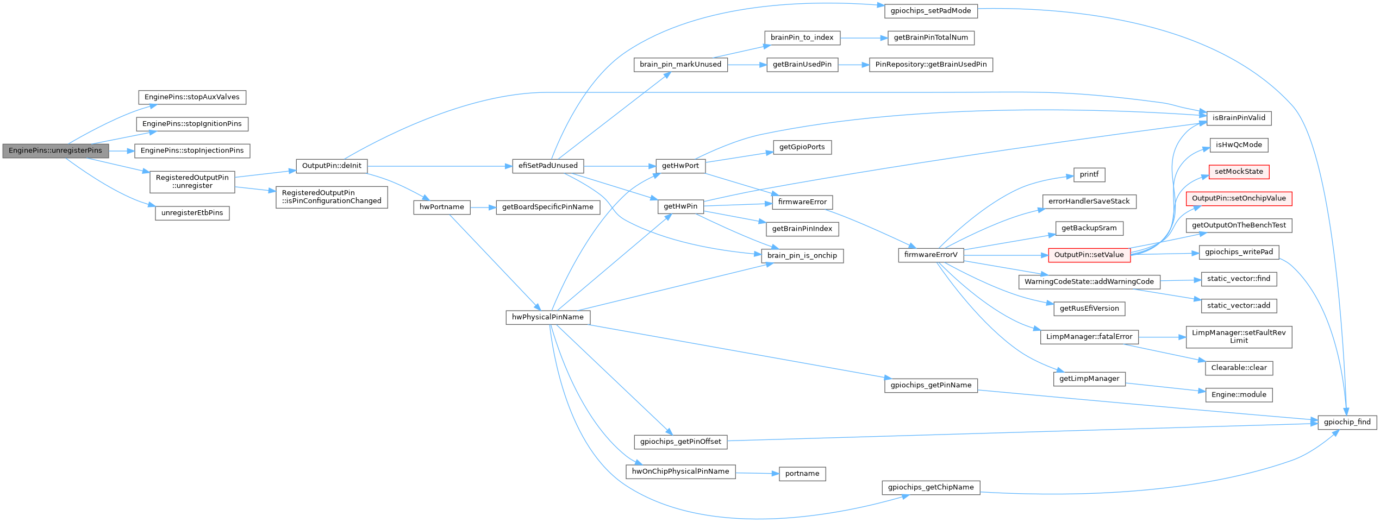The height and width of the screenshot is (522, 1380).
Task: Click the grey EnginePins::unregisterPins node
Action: (x=55, y=150)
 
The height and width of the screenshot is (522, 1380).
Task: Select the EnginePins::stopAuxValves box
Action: (x=192, y=97)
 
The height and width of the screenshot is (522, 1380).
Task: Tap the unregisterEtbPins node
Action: (x=192, y=213)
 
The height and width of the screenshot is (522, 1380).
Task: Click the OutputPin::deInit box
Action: (x=332, y=166)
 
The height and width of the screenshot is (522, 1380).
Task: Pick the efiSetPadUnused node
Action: (x=548, y=166)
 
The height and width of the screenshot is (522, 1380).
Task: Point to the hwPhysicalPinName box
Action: (x=547, y=317)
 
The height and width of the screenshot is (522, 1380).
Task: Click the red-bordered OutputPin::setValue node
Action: (x=1089, y=255)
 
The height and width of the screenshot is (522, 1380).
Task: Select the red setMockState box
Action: (x=1239, y=172)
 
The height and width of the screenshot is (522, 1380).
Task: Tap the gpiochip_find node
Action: (x=1347, y=422)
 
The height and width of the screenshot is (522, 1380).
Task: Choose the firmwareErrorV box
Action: (x=931, y=255)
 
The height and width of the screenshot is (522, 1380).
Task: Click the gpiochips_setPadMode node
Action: (x=931, y=11)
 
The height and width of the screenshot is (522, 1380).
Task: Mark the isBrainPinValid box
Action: (x=1239, y=118)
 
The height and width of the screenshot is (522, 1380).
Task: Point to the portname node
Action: (x=802, y=474)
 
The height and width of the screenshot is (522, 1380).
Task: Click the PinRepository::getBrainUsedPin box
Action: (x=931, y=65)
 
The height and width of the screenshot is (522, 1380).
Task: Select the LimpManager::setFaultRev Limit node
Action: (x=1239, y=337)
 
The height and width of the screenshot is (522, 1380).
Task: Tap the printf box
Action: (x=1089, y=175)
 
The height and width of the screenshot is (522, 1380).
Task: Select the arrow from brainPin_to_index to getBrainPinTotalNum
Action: (x=864, y=38)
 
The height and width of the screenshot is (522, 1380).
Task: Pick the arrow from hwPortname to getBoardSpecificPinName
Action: (x=483, y=207)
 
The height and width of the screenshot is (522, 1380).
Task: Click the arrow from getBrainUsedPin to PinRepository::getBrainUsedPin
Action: (x=853, y=65)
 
